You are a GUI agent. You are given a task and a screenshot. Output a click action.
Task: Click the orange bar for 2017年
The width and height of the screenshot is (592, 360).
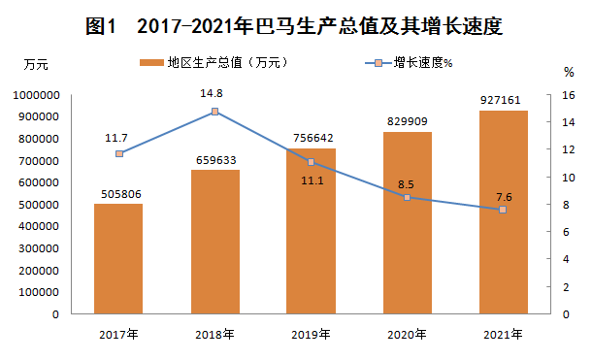tap(118, 259)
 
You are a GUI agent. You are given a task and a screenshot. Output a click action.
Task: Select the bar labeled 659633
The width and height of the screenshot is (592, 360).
tap(215, 242)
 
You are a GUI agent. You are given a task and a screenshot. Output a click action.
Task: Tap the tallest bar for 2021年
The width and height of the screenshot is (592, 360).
tap(504, 213)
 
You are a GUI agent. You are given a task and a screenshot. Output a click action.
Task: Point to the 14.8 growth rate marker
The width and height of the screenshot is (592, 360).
tap(214, 112)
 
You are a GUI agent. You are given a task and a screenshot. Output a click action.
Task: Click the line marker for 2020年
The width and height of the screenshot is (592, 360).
tap(407, 197)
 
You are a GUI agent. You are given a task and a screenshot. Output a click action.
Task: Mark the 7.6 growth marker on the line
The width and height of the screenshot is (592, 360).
tap(503, 210)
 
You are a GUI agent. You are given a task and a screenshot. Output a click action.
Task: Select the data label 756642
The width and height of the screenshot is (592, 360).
tap(313, 138)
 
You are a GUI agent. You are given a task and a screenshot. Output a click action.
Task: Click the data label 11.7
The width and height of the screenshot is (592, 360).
tap(116, 138)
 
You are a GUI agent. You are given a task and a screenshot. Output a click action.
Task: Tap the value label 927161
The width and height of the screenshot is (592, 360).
tap(500, 100)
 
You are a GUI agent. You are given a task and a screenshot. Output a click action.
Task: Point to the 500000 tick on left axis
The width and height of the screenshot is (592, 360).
tap(39, 205)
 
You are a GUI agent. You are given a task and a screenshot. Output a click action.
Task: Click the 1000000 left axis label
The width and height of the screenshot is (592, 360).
tap(36, 95)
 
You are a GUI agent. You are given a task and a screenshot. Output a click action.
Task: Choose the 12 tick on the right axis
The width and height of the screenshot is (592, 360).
tap(569, 149)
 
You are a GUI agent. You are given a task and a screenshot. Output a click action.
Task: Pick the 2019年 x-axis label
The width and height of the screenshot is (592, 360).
tap(311, 335)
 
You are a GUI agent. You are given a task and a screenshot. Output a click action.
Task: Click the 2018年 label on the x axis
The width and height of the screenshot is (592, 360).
tap(214, 335)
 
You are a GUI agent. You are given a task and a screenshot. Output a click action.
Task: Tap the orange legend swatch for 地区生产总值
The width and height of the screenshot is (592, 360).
tap(151, 63)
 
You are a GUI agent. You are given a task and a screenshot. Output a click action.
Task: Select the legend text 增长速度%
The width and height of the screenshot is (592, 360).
tap(423, 63)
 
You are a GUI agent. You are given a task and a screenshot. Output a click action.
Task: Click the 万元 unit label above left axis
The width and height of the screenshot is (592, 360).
tap(36, 65)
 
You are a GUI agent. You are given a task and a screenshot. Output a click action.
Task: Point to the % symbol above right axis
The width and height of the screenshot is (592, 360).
tap(569, 72)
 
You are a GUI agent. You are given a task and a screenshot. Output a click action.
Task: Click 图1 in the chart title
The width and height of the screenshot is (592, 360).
tap(100, 26)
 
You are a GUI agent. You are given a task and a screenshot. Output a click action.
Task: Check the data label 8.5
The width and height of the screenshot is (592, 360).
tap(406, 184)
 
